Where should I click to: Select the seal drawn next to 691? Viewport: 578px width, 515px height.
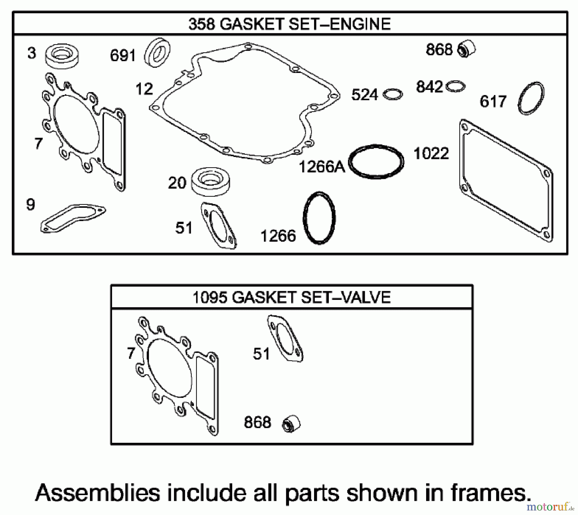click(x=158, y=52)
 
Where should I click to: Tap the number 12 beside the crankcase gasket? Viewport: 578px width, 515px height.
click(x=144, y=89)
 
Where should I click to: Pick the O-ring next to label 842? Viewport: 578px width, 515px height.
click(x=456, y=86)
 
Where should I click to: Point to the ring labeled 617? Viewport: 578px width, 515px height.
click(x=531, y=98)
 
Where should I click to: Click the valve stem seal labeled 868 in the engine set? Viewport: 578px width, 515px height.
click(x=467, y=49)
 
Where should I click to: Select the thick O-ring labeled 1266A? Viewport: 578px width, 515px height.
click(x=376, y=162)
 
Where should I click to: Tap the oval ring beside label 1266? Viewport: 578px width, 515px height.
click(x=319, y=218)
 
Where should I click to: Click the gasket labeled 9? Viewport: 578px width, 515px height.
click(x=73, y=218)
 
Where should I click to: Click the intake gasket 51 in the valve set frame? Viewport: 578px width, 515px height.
click(x=285, y=339)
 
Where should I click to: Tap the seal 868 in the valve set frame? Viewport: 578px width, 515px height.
click(x=291, y=424)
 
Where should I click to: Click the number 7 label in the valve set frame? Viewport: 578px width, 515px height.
click(x=131, y=354)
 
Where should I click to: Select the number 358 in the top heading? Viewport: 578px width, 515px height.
click(x=202, y=24)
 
